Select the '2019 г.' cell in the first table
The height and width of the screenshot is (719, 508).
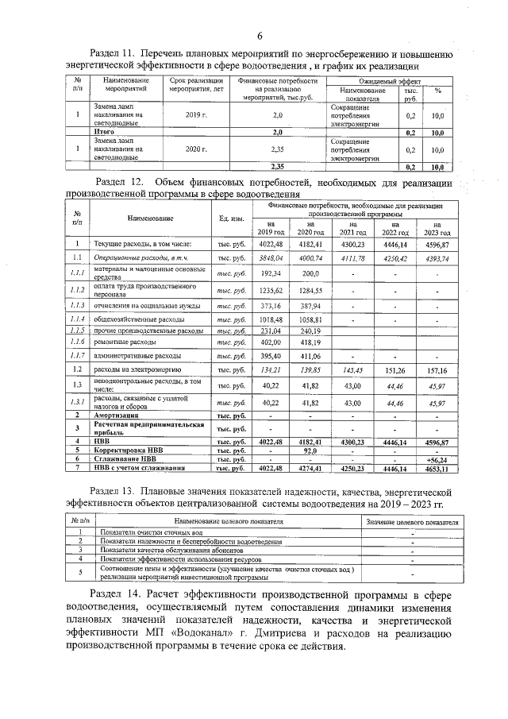194,115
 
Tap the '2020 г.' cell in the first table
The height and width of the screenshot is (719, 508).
194,149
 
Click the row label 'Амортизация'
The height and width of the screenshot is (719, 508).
119,415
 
